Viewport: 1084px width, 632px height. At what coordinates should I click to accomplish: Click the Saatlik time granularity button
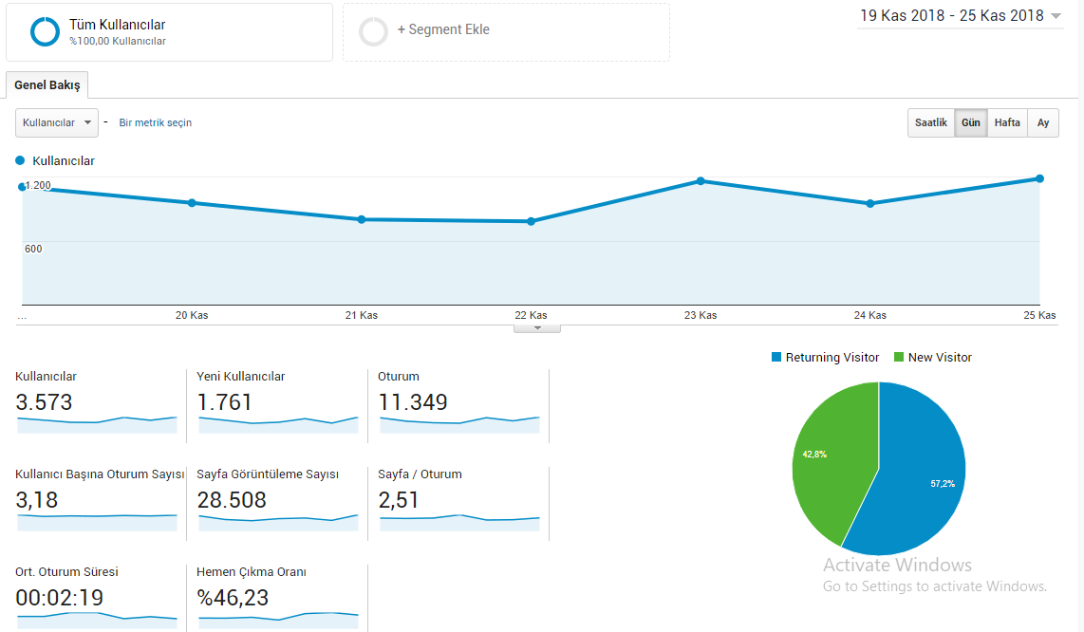(x=930, y=123)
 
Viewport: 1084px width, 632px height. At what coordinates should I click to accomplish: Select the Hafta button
(x=1007, y=123)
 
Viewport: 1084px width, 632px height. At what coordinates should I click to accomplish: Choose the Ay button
(x=1043, y=123)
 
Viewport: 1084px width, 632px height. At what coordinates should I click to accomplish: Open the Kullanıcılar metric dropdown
(x=57, y=123)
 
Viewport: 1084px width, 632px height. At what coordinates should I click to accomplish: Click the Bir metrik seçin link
(x=156, y=123)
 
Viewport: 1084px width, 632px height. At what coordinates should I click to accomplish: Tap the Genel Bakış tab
(x=47, y=85)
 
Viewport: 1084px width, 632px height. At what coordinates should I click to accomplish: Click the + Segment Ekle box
(x=506, y=32)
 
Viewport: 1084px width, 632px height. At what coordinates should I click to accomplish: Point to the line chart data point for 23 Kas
(x=701, y=181)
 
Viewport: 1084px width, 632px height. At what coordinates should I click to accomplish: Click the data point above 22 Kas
(x=531, y=221)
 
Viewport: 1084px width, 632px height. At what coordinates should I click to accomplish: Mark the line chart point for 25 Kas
(x=1039, y=179)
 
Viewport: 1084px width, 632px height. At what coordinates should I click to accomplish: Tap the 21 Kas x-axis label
(x=362, y=315)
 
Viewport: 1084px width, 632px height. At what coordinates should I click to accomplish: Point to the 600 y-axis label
(x=33, y=249)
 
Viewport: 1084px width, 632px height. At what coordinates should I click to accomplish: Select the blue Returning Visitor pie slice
(x=912, y=477)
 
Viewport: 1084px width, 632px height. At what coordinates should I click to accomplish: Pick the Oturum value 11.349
(x=413, y=402)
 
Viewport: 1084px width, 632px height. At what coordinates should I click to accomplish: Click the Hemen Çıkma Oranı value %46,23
(x=233, y=598)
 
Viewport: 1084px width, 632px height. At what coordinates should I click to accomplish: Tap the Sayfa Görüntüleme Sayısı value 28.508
(x=232, y=500)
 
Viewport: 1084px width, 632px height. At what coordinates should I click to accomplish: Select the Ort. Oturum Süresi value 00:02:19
(x=60, y=598)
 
